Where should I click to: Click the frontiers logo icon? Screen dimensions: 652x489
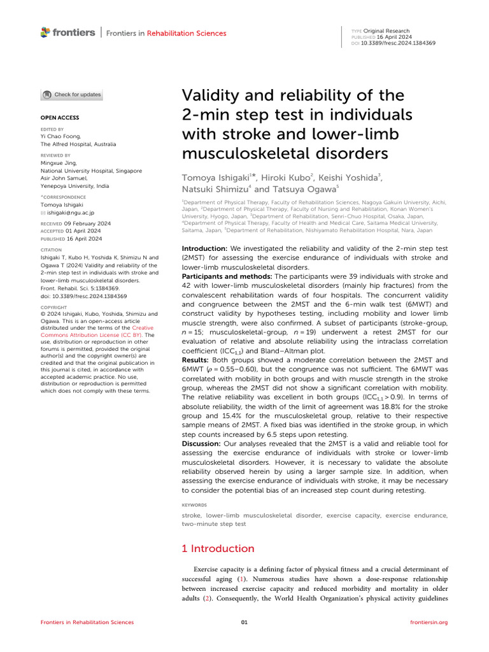45,32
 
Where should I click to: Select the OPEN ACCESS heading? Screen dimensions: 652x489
60,118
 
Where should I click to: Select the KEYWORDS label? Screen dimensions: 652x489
195,504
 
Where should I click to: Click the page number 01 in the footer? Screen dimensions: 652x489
244,622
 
